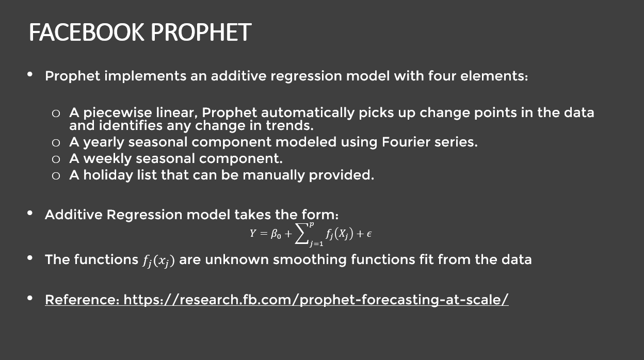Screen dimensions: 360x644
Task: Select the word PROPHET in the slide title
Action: (201, 32)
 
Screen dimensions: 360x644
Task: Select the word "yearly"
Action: (104, 142)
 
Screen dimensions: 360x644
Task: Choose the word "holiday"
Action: (108, 175)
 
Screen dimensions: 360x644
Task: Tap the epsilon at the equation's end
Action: (369, 234)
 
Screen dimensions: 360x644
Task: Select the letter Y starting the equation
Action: (253, 234)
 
